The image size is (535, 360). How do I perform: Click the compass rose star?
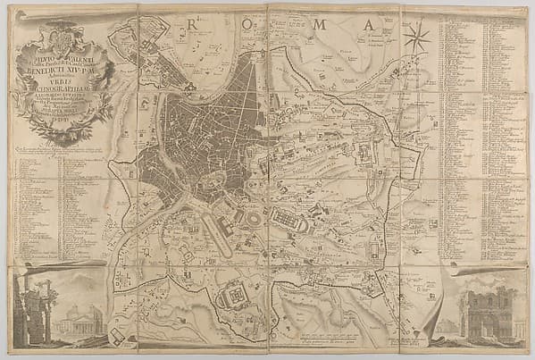tap(416, 38)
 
